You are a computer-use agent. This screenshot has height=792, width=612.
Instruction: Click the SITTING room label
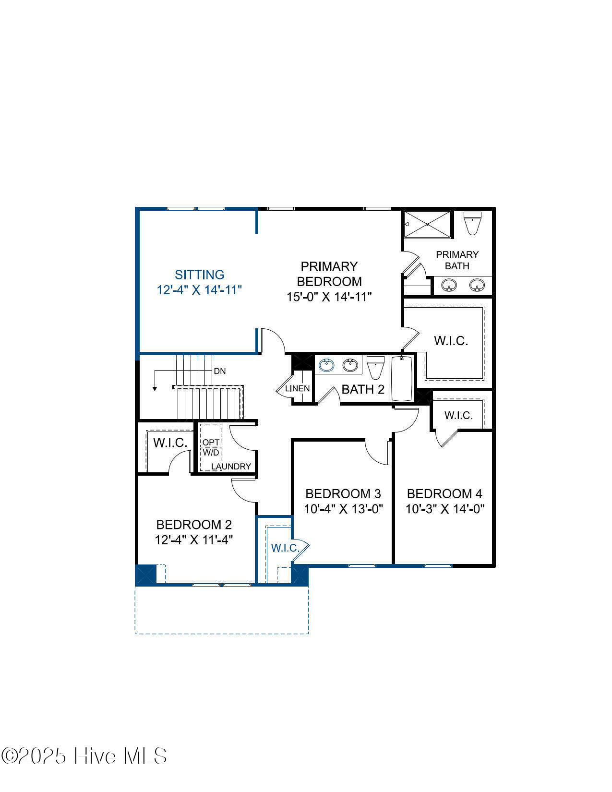tap(199, 275)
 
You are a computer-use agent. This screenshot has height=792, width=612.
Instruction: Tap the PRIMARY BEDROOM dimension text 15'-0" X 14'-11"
tap(329, 297)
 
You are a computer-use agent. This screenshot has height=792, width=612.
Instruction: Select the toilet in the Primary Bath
tap(472, 223)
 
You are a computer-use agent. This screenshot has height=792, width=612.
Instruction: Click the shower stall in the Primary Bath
tap(427, 224)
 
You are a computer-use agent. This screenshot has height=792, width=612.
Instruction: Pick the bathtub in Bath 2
tap(401, 378)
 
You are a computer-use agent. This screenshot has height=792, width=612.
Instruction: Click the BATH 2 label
tap(363, 389)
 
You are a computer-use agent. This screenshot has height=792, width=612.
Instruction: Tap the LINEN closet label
tap(298, 388)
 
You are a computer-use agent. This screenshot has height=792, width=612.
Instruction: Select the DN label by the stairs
tap(220, 371)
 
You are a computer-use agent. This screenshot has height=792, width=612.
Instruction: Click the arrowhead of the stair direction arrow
tap(155, 388)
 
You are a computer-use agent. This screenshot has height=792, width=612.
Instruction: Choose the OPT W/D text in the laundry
tap(211, 447)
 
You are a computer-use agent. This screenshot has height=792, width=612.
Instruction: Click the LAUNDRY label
tap(231, 466)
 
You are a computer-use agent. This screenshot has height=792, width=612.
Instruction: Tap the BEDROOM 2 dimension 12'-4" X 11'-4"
tap(193, 540)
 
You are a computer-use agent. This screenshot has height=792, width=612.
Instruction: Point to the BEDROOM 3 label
tap(343, 493)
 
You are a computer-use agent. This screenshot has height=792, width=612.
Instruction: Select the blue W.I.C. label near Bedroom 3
tap(286, 548)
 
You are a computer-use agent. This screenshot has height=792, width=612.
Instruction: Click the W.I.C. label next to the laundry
tap(170, 443)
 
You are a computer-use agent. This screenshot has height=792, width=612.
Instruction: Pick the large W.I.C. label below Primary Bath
tap(451, 341)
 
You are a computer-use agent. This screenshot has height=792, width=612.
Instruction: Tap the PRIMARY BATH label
tap(457, 260)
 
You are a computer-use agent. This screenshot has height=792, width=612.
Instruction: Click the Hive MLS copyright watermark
tap(84, 756)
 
